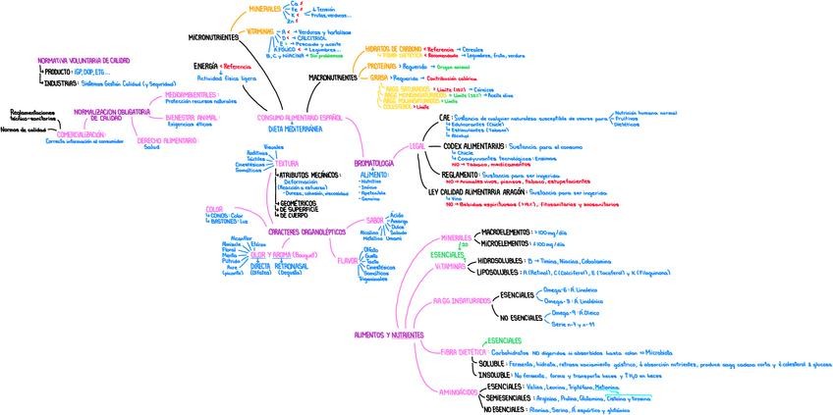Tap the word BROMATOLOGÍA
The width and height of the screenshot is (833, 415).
[372, 163]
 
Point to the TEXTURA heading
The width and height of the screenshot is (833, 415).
[259, 163]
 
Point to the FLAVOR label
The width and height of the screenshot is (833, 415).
[347, 260]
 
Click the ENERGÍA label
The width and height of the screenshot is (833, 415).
[205, 66]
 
